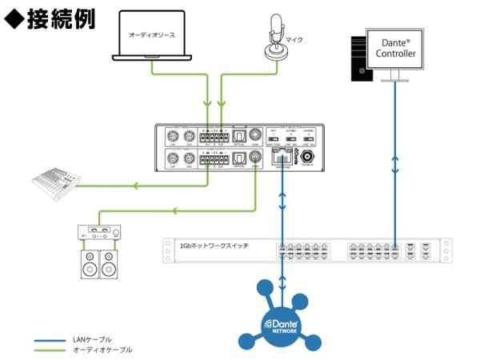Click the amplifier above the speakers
[x=100, y=233]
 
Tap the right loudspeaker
[x=110, y=264]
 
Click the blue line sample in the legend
[x=50, y=340]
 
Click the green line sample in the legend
[x=50, y=350]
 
